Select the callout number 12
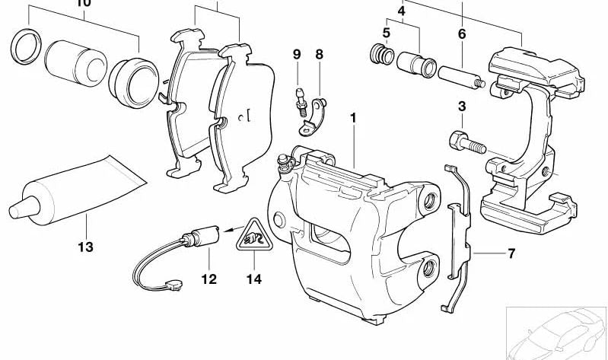coord(209,279)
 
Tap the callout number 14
coord(253,279)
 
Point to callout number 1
coord(353,118)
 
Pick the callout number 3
coord(461,105)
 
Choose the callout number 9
coord(297,54)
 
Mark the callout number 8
coord(319,54)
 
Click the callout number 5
coord(387,33)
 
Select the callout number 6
coord(461,33)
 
